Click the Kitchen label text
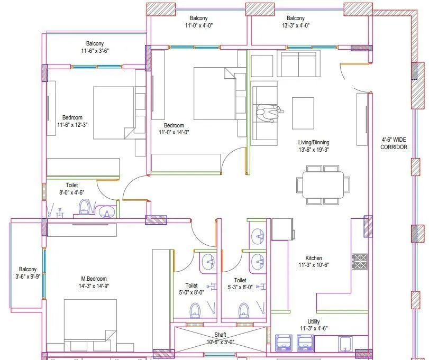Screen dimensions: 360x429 [314, 258]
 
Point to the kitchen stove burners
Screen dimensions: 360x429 [360, 262]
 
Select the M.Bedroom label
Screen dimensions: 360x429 [94, 279]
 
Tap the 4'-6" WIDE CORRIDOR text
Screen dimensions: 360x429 [394, 143]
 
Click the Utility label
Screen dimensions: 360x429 [313, 321]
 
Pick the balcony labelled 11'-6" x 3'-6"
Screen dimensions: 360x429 [95, 47]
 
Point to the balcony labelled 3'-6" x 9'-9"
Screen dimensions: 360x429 [28, 272]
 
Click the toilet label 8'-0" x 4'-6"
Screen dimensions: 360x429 [72, 189]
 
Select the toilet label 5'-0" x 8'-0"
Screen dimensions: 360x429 [191, 289]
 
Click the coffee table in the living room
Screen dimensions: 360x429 [303, 113]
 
